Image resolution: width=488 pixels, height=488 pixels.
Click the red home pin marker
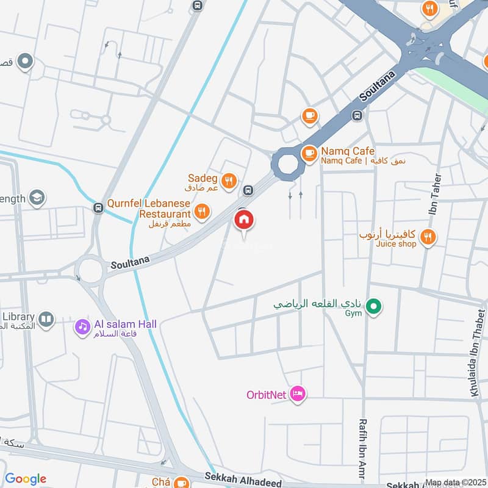tap(244, 220)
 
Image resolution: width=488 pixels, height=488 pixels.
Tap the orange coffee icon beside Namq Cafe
tap(310, 152)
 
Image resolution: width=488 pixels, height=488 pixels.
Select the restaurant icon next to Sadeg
tap(229, 180)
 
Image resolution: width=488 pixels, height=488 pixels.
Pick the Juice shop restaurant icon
tap(428, 237)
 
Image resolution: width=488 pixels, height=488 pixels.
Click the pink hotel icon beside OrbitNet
tap(297, 393)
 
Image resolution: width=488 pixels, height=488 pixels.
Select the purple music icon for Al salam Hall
tap(82, 327)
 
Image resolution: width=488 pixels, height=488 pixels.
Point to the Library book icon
tap(46, 318)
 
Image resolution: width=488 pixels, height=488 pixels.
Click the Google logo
tap(25, 479)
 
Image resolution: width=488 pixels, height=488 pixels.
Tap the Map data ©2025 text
tap(456, 483)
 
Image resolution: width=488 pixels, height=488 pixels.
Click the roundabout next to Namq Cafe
tap(287, 163)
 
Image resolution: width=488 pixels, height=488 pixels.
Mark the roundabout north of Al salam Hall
tap(90, 270)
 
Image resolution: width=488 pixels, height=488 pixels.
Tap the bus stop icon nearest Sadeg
tap(247, 190)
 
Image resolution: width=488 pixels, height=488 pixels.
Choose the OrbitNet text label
tap(266, 394)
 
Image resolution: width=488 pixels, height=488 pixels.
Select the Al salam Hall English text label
tap(124, 324)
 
